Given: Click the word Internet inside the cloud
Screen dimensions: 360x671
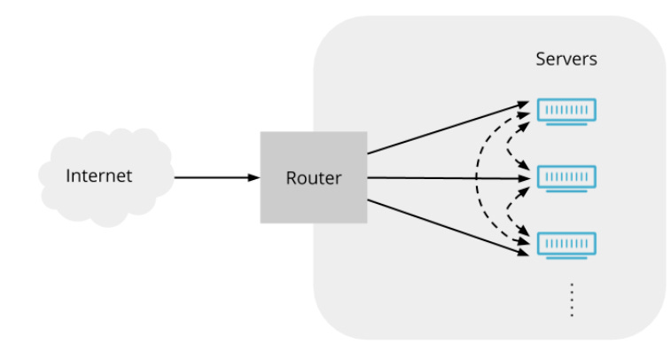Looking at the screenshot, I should pyautogui.click(x=98, y=176).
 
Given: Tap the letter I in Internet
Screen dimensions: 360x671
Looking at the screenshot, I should pyautogui.click(x=68, y=176).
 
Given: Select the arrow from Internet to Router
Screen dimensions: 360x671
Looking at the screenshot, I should pyautogui.click(x=213, y=177).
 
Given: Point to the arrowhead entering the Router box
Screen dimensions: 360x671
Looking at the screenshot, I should pyautogui.click(x=254, y=177).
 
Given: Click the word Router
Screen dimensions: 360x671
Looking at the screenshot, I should pyautogui.click(x=313, y=178).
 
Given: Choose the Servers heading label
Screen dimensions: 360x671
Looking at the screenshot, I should pyautogui.click(x=566, y=59).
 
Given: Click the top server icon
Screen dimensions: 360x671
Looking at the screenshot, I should pyautogui.click(x=567, y=110).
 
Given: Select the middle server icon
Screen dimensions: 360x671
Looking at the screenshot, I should pyautogui.click(x=567, y=176).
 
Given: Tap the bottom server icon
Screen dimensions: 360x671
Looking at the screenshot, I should pyautogui.click(x=567, y=243).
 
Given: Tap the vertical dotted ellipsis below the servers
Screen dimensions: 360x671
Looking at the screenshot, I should pyautogui.click(x=572, y=300).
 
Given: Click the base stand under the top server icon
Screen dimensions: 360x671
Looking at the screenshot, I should pyautogui.click(x=567, y=124).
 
